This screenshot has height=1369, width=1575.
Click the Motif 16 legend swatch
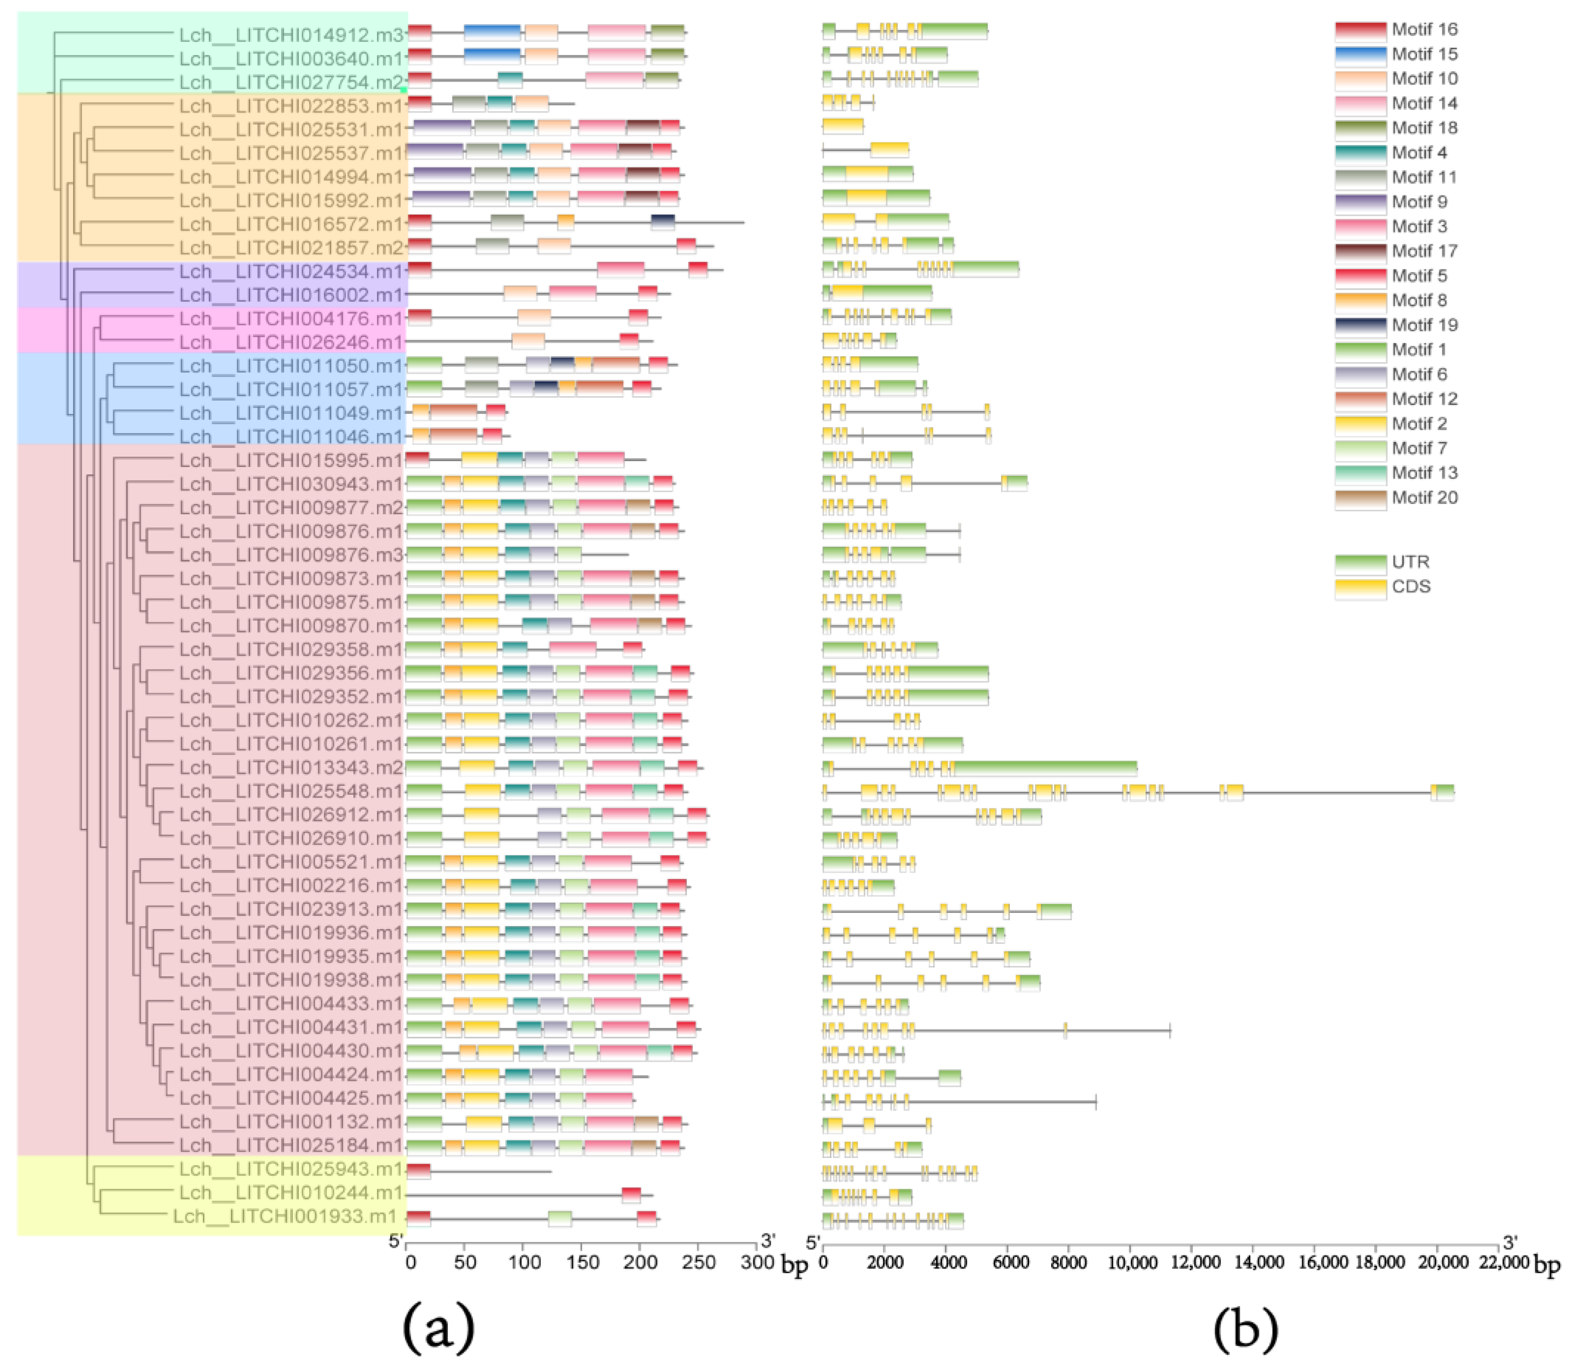(x=1360, y=30)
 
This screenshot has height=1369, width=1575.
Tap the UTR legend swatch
(x=1360, y=563)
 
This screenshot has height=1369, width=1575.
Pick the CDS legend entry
(x=1410, y=587)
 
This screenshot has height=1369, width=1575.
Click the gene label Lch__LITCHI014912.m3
(x=290, y=35)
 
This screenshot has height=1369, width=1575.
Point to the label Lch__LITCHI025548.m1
(x=290, y=791)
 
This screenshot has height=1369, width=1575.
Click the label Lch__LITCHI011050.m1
(x=290, y=366)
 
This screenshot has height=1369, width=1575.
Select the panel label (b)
(x=1245, y=1328)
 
